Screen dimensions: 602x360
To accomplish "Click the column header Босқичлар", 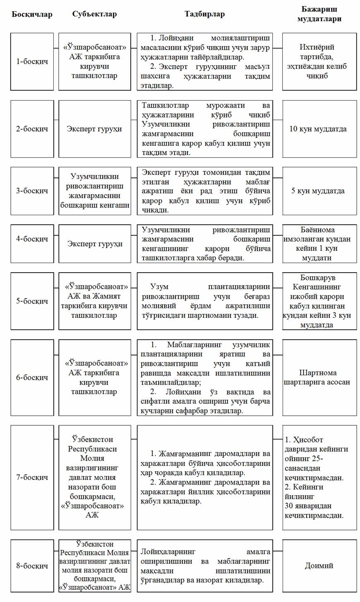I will (32, 14).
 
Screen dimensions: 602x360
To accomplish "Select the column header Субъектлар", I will (94, 14).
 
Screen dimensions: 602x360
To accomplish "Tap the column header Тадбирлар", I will (204, 14).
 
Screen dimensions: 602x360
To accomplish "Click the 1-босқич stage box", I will (32, 62).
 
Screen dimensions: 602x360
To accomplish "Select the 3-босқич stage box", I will (32, 191).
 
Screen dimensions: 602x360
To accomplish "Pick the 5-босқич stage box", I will (32, 301).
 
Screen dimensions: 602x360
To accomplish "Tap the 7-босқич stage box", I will (32, 477).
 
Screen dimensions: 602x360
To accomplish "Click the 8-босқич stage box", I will (32, 566).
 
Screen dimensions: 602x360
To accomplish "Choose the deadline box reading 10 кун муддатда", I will (319, 129).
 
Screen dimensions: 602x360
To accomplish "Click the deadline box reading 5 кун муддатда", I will (319, 191).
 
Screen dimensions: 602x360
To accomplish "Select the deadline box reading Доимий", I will (319, 566).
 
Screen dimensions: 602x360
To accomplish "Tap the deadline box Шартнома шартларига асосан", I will (319, 377).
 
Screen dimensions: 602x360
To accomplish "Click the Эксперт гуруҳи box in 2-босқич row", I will (94, 129).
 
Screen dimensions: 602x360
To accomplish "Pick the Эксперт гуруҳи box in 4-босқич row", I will (94, 244).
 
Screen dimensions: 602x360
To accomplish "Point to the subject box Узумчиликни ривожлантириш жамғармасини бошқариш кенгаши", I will (94, 191).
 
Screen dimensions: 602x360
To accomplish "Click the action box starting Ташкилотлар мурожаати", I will (205, 129).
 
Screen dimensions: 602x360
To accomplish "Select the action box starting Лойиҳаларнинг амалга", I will (205, 566).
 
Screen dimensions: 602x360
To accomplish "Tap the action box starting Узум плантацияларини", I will (205, 301).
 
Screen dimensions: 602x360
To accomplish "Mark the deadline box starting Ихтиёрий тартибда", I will (319, 62).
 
